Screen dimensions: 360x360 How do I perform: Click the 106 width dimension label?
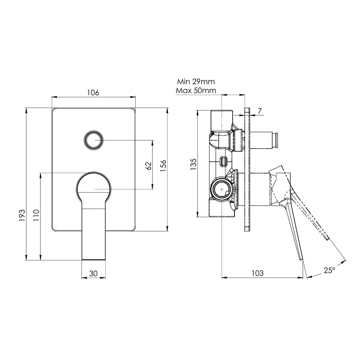click(93, 93)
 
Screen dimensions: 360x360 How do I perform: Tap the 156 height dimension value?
click(164, 166)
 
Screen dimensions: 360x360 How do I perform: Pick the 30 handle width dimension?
click(93, 273)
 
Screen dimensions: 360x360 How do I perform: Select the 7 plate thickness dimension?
click(260, 110)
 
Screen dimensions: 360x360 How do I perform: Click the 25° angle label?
click(329, 270)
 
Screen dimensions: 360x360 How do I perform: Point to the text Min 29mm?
click(196, 82)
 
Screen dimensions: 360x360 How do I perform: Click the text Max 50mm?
click(196, 90)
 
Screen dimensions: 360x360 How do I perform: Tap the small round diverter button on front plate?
click(94, 140)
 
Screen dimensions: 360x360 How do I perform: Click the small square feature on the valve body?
click(223, 161)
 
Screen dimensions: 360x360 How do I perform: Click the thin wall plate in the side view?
click(247, 169)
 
